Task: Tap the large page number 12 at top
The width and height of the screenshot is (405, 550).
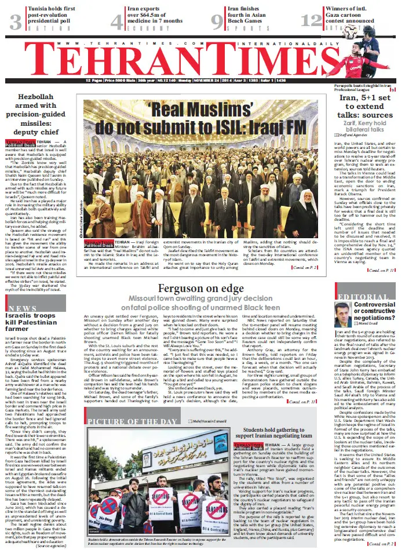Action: pos(312,21)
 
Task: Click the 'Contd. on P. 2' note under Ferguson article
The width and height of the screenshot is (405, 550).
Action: pos(304,402)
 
